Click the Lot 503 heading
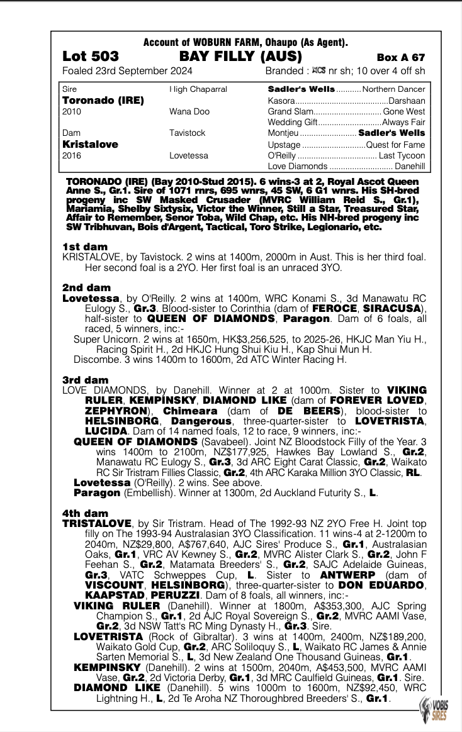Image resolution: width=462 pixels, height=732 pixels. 90,57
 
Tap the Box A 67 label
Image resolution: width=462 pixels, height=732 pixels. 401,57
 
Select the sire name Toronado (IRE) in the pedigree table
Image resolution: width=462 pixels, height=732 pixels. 103,101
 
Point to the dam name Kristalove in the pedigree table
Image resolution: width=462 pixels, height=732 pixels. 90,144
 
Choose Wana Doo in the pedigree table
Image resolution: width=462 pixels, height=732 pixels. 188,111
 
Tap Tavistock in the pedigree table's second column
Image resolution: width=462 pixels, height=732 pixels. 187,133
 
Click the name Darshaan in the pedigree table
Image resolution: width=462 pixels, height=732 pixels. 407,101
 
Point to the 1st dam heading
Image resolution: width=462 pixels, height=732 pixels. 85,247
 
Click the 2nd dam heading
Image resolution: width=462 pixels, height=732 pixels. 86,288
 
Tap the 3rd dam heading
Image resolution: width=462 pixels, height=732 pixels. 86,380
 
